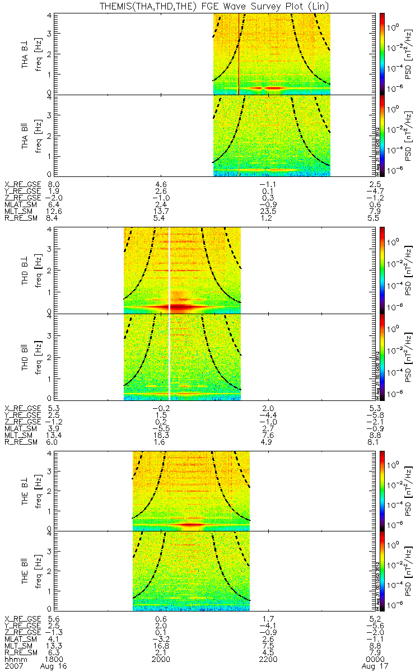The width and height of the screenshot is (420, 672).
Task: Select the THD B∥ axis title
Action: pos(26,356)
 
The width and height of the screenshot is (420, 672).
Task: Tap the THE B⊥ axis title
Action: pos(26,490)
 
